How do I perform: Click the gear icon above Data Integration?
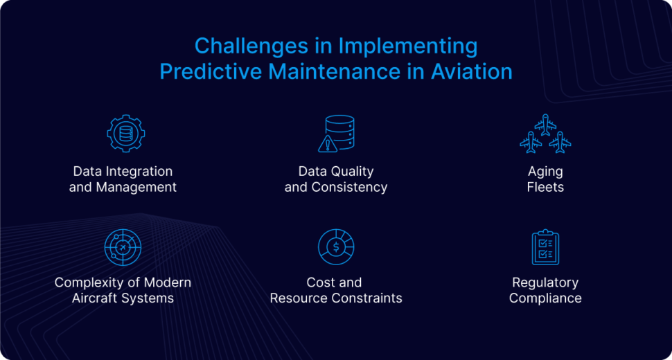point(125,134)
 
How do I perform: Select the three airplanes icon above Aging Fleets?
point(545,134)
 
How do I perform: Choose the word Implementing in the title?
point(408,46)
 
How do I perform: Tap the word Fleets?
point(545,187)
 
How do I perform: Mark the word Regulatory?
point(545,282)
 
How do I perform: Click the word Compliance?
point(545,298)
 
